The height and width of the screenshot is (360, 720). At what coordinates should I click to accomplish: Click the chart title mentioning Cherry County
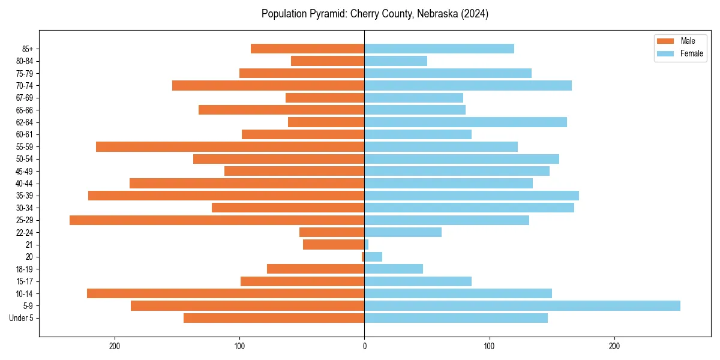(374, 14)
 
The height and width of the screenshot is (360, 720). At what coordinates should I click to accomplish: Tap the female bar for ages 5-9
(522, 306)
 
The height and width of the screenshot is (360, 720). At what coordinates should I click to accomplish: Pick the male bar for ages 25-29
(217, 220)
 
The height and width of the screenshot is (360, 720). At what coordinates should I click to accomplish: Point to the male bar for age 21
(334, 245)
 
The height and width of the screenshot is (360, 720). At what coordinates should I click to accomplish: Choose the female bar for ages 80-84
(395, 61)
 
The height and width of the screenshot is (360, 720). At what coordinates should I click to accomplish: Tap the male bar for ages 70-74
(268, 86)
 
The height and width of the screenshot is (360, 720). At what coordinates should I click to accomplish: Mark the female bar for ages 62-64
(466, 122)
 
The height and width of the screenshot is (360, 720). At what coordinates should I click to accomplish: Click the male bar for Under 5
(274, 318)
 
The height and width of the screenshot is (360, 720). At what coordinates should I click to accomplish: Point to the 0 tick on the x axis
(364, 346)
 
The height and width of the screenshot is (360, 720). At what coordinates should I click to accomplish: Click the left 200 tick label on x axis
(115, 346)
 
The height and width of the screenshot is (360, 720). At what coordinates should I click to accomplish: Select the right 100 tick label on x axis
(489, 346)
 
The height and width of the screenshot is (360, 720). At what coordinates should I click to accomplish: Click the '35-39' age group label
(25, 196)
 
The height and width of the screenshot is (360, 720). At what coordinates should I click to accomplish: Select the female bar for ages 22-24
(403, 232)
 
